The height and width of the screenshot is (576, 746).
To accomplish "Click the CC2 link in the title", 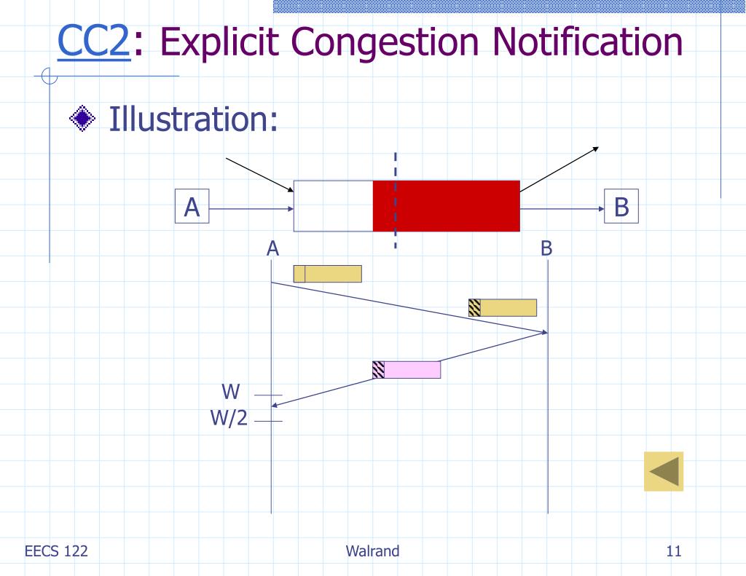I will [x=94, y=42].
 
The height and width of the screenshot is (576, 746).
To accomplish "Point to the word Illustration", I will [x=194, y=119].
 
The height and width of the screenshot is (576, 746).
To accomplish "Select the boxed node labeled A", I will [x=192, y=208].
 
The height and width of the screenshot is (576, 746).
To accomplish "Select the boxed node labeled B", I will [x=621, y=208].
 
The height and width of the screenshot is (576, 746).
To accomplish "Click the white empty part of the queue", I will [x=333, y=206].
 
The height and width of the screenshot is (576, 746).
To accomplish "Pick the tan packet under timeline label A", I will [x=328, y=274].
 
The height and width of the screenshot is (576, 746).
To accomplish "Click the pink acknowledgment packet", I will [x=412, y=370].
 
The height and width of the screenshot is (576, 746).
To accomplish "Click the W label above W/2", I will [x=231, y=392].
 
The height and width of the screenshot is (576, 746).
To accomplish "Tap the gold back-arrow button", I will [x=664, y=471].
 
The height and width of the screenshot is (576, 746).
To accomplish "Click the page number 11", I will [x=673, y=551].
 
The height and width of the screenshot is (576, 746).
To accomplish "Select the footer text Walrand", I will [x=373, y=551].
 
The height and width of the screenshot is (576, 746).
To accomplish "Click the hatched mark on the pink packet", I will [x=378, y=370].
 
